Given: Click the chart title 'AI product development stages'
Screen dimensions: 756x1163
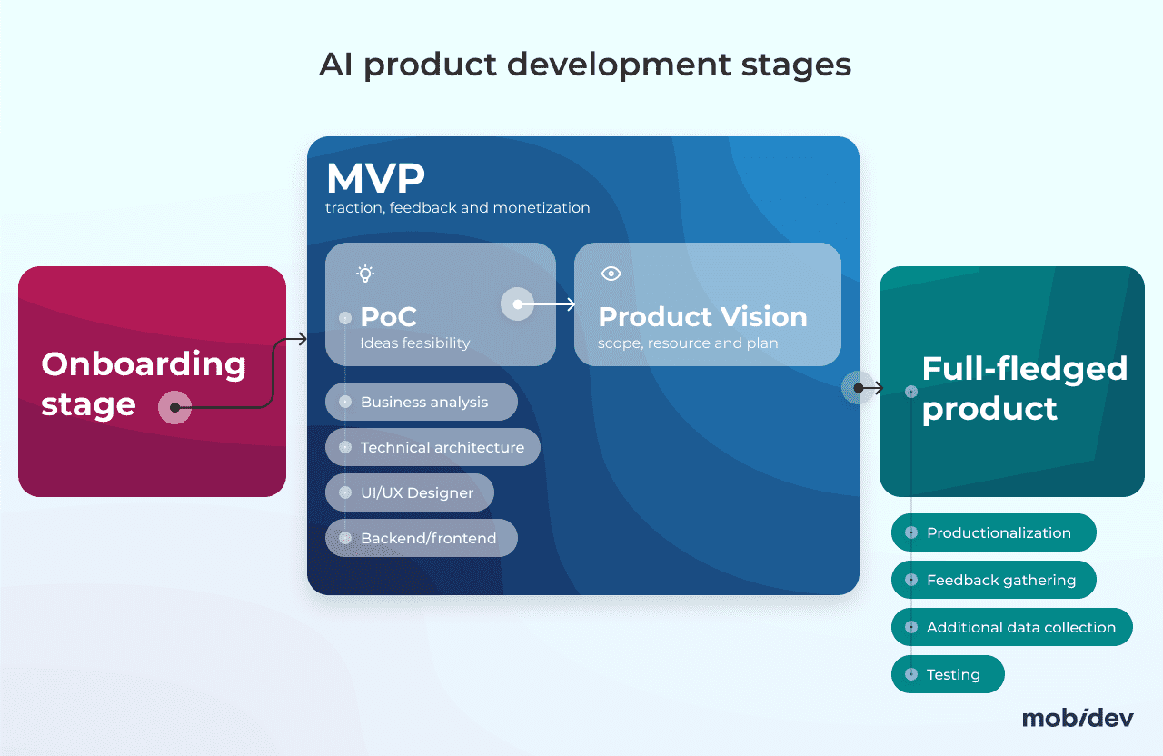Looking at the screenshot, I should [x=585, y=65].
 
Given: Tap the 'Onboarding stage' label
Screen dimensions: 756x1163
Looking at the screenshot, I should [x=144, y=383].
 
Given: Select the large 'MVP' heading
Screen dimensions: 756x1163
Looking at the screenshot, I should [x=375, y=178].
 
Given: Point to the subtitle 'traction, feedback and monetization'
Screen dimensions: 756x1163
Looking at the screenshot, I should [x=458, y=208].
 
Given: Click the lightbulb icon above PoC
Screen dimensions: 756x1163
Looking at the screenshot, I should [x=365, y=274].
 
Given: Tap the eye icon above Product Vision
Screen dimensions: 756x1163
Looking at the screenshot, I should [x=611, y=274].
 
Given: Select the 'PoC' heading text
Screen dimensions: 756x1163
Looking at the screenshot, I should [x=388, y=316].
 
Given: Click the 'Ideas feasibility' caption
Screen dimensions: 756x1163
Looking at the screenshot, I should [x=415, y=343].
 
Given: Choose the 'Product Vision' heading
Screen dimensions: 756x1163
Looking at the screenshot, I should [x=702, y=316].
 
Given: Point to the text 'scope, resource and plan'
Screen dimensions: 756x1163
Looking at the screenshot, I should [x=688, y=343].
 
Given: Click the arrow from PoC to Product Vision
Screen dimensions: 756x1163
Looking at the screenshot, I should [x=548, y=304].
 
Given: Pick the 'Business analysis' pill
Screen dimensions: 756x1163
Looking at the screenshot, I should [x=422, y=402].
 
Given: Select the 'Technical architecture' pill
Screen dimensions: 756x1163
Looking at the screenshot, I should [x=433, y=447].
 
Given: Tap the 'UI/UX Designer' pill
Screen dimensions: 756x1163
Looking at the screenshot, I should [x=411, y=492].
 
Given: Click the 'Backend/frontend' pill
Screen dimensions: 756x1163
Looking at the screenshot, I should [x=422, y=538].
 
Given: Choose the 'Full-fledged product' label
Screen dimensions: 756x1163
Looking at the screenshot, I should [x=1024, y=388].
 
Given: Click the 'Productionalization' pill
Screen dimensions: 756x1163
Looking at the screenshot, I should [x=994, y=532].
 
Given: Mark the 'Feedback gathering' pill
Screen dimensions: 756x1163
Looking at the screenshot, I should [x=994, y=580].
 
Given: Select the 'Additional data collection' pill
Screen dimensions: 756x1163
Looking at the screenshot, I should [x=1012, y=627].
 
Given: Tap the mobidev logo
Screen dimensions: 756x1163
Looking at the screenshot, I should [x=1078, y=718].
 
